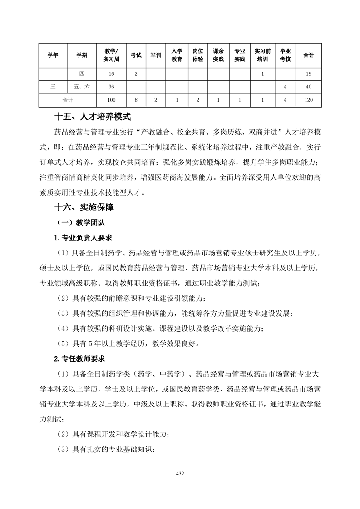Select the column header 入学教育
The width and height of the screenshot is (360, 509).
pos(177,55)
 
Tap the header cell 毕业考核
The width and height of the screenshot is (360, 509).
pos(285,55)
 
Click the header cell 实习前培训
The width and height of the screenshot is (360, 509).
pos(262,55)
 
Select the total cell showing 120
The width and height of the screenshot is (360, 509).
pos(309,99)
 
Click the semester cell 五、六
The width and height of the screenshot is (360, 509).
pos(82,86)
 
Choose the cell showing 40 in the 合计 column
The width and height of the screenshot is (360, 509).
pos(309,86)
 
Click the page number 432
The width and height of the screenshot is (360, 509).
pos(180,474)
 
